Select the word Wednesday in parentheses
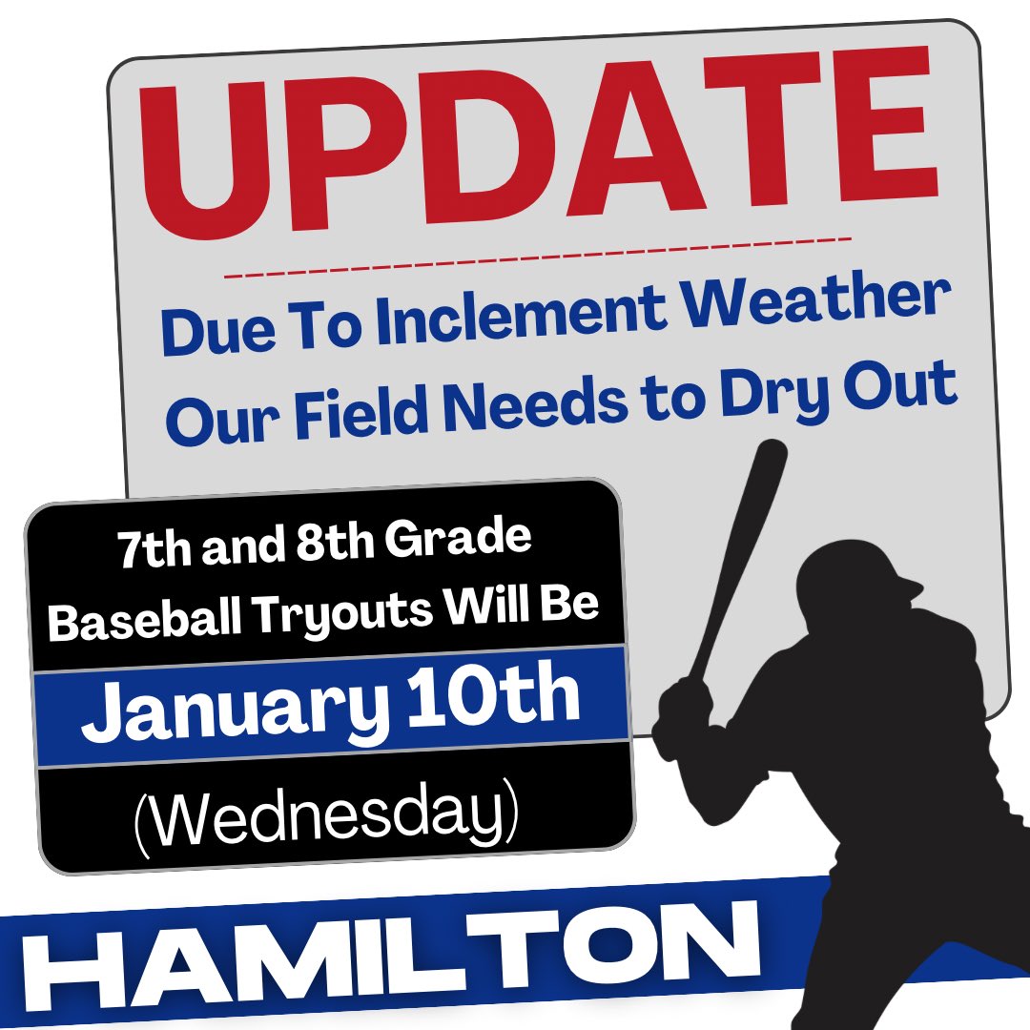[327, 818]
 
